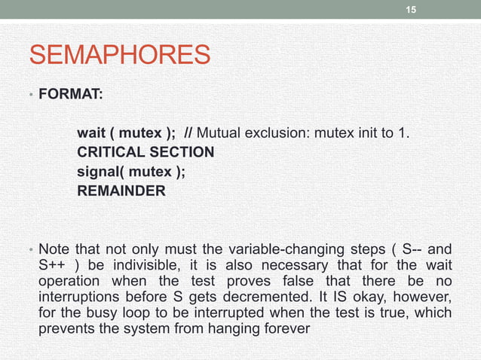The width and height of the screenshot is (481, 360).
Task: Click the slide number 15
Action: pos(410,9)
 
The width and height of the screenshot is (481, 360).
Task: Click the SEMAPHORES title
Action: pos(120,55)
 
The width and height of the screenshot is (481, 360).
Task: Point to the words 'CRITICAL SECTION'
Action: pos(146,152)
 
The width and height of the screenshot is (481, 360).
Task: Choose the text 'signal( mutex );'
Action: pos(130,171)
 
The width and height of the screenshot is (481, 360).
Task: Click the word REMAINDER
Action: pos(121,191)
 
